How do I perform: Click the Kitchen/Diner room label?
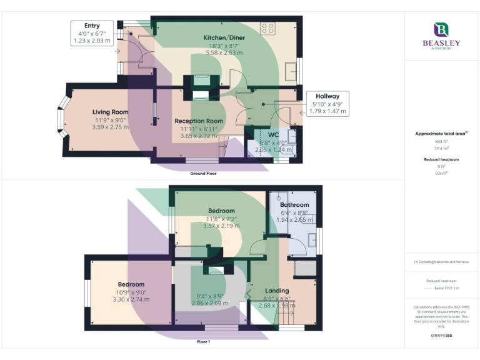224,37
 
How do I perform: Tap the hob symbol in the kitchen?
268,28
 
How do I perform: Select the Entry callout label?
91,25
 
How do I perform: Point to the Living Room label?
110,112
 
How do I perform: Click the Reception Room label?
199,121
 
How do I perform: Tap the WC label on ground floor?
273,134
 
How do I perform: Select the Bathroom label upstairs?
294,204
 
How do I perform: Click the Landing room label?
277,291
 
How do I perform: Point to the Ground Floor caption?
203,173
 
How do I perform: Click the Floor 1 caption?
203,342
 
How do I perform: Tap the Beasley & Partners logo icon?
441,29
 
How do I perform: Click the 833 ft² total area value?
441,142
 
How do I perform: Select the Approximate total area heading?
440,134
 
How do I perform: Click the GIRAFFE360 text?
441,337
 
